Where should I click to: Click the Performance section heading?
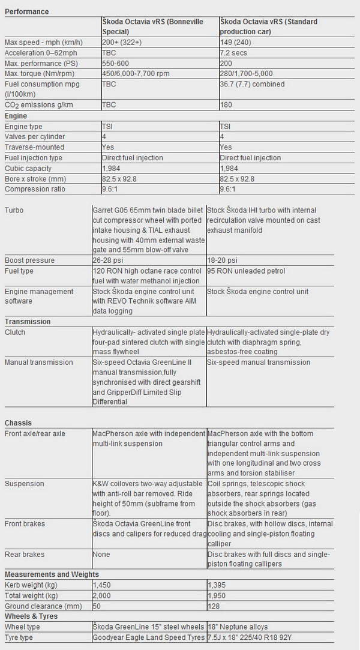(x=26, y=11)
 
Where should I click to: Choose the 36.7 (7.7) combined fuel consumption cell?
(x=253, y=84)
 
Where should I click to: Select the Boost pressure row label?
(x=29, y=260)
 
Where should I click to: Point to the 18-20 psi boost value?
(x=223, y=260)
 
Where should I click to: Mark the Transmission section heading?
(x=28, y=322)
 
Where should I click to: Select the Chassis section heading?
(x=18, y=423)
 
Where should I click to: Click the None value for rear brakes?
(x=101, y=555)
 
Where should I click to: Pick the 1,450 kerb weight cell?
(x=102, y=584)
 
